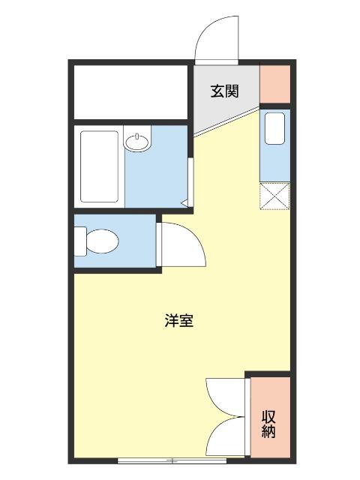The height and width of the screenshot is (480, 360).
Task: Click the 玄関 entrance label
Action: tap(224, 91)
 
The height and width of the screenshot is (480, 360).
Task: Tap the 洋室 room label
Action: tap(179, 320)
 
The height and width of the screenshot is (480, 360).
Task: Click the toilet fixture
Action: tap(97, 241)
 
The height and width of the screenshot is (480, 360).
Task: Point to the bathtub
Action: tap(99, 166)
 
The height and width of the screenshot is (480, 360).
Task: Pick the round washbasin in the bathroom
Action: tap(137, 142)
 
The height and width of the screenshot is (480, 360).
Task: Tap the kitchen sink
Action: tap(274, 127)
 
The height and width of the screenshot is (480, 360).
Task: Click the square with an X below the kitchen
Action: tap(274, 198)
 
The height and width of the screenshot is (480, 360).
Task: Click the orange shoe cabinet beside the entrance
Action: tap(274, 84)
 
